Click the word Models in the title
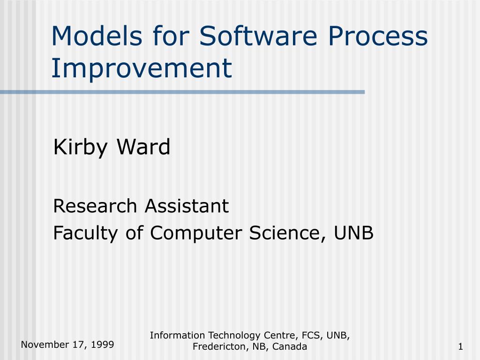coord(97,36)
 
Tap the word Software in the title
coord(258,36)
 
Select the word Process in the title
coord(377,36)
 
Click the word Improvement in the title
coord(142,68)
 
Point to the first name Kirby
coord(80,148)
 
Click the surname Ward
coord(143,147)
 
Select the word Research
coord(95,206)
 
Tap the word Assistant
coord(187,206)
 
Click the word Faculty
coord(85,233)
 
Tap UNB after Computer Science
coord(353,233)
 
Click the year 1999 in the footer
coord(102,345)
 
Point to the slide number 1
coord(460,347)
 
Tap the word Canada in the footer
coord(289,346)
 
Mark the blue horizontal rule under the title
coord(182,92)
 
